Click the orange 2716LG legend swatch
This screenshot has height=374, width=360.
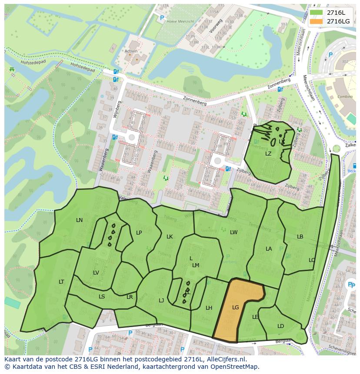click(317, 21)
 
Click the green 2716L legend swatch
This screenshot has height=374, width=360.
click(317, 13)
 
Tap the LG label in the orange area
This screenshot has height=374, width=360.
click(236, 308)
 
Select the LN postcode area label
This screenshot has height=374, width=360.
click(79, 220)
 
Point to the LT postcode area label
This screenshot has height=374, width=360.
click(61, 282)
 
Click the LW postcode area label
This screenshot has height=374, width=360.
click(234, 232)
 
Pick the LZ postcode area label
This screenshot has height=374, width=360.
click(268, 154)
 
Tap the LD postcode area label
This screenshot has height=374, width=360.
click(280, 326)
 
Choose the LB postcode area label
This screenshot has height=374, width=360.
click(300, 237)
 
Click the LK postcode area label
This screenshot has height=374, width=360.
click(170, 237)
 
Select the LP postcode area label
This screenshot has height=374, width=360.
click(139, 233)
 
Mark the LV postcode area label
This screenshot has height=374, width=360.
click(96, 273)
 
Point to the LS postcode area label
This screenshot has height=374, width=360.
click(102, 297)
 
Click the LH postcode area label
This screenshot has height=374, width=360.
click(209, 308)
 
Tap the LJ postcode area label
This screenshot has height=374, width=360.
click(161, 300)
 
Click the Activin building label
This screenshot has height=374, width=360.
click(131, 51)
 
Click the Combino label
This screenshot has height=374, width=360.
click(345, 97)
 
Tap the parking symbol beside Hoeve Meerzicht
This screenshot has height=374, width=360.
click(162, 18)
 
